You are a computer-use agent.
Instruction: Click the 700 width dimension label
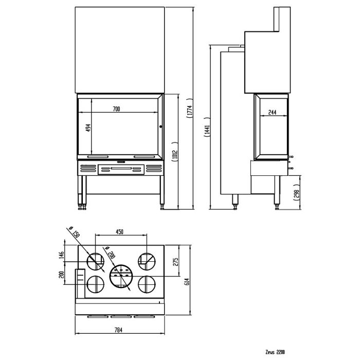tap(116, 109)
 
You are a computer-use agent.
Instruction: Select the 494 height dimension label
tap(88, 128)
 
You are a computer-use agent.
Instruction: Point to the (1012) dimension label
tap(175, 152)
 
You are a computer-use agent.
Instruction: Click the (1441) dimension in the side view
tap(207, 128)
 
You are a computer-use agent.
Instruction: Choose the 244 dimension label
tap(272, 112)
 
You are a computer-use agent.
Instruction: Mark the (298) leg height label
tap(297, 192)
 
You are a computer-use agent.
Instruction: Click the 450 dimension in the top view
tap(120, 231)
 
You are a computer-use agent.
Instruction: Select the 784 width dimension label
tap(118, 330)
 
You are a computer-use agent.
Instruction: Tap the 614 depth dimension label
tap(187, 281)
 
